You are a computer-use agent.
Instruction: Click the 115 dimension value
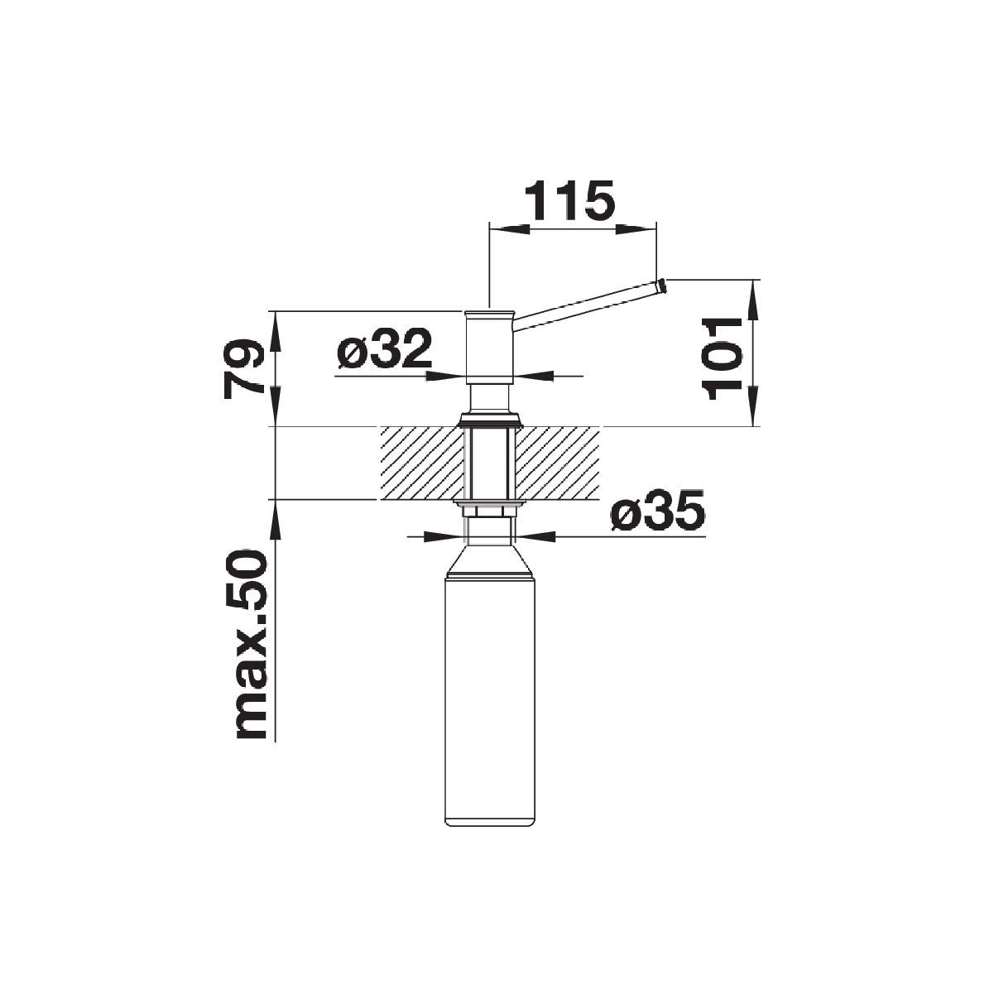tap(569, 199)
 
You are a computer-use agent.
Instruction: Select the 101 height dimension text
tap(722, 359)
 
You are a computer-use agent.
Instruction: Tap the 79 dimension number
tap(243, 369)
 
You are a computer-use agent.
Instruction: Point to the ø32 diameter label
tap(384, 348)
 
